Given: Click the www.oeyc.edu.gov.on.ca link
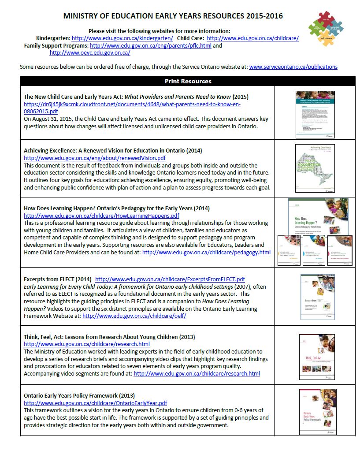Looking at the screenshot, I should point(89,53).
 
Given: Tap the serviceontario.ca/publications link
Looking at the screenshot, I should point(293,67).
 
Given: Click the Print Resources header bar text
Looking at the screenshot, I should point(188,81).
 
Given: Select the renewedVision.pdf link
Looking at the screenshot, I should point(95,158).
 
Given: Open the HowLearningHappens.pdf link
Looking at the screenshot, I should point(101,216).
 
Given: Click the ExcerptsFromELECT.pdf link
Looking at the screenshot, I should point(170,279).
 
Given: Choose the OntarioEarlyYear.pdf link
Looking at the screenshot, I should point(95,403).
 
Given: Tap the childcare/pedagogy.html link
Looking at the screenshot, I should point(206,252).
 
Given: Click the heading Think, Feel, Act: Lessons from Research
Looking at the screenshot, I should point(109,337).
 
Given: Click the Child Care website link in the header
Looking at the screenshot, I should point(252,38).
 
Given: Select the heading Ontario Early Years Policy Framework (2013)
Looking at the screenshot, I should point(79,395).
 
